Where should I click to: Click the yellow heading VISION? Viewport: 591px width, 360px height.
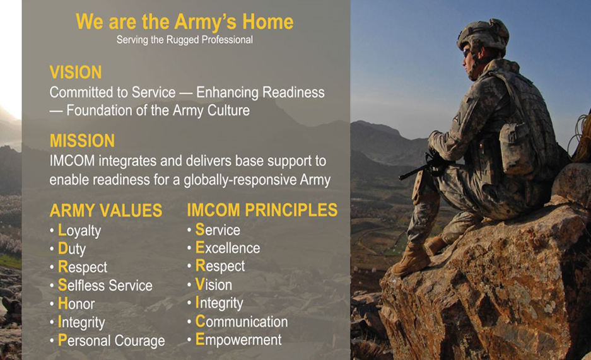tap(76, 72)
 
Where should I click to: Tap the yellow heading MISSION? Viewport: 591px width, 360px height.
tap(82, 141)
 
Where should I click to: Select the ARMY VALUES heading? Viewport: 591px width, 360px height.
tap(106, 211)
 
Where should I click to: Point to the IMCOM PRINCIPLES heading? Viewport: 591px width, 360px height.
tap(262, 210)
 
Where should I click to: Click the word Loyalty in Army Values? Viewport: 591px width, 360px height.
tap(79, 231)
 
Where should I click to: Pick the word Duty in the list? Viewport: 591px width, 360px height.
tap(72, 249)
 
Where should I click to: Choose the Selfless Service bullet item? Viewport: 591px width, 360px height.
tap(105, 286)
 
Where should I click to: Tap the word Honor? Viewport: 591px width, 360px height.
tap(76, 303)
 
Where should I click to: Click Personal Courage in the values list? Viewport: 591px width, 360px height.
tap(112, 340)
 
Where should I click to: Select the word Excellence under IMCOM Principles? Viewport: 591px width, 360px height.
tap(228, 248)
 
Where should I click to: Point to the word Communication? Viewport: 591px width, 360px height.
tap(242, 322)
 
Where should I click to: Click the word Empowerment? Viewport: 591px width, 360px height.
tap(238, 340)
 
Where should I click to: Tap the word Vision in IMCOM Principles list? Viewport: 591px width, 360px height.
tap(214, 284)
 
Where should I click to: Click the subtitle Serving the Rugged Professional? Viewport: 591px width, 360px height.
tap(185, 40)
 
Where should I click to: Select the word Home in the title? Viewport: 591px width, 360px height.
tap(268, 22)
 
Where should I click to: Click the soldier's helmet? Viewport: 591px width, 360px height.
tap(483, 35)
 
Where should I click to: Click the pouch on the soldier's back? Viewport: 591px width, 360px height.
tap(517, 149)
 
